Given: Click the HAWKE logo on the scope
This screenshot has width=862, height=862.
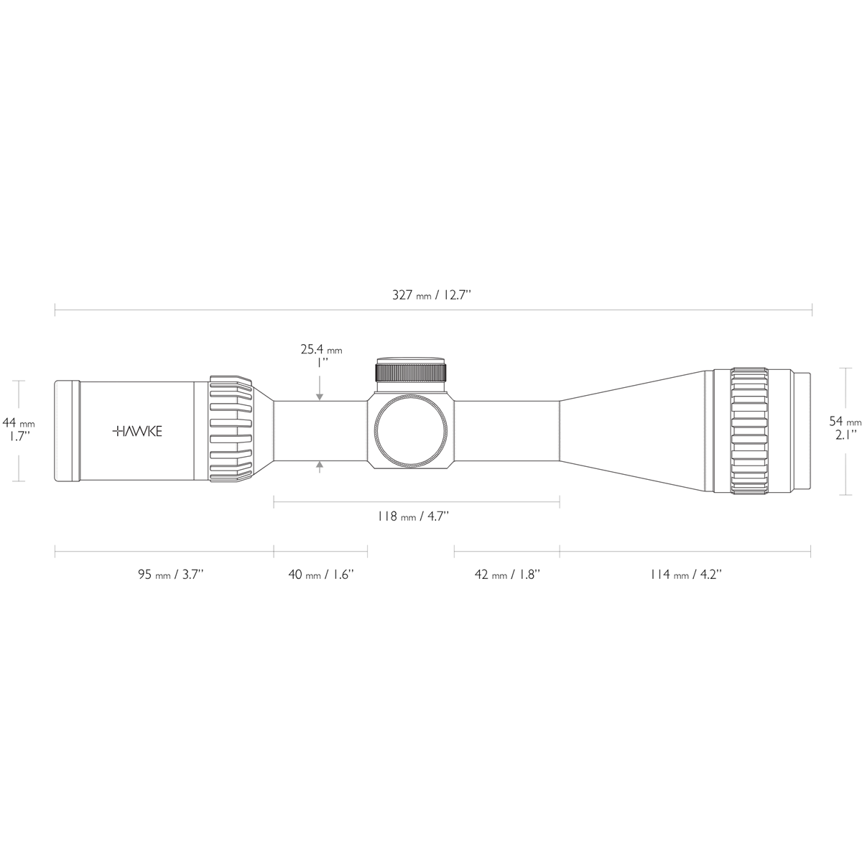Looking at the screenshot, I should click(137, 431).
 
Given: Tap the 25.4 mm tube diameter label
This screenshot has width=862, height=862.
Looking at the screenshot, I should click(321, 351).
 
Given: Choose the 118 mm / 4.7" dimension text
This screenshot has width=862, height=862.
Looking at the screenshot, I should click(414, 516).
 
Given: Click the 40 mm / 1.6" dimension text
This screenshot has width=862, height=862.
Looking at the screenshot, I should click(321, 574).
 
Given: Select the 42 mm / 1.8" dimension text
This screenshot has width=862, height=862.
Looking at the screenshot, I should click(507, 574).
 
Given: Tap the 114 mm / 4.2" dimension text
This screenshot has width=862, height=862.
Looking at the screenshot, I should click(685, 574).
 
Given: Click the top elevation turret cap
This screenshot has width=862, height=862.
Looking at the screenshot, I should click(411, 371).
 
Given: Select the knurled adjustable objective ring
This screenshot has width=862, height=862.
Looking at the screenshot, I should click(750, 431).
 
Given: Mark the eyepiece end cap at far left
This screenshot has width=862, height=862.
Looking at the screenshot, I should click(67, 431).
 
